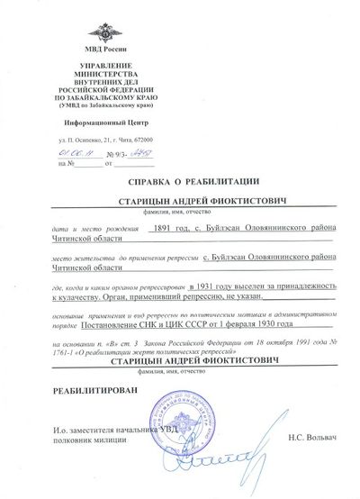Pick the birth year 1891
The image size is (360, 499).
165,229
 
